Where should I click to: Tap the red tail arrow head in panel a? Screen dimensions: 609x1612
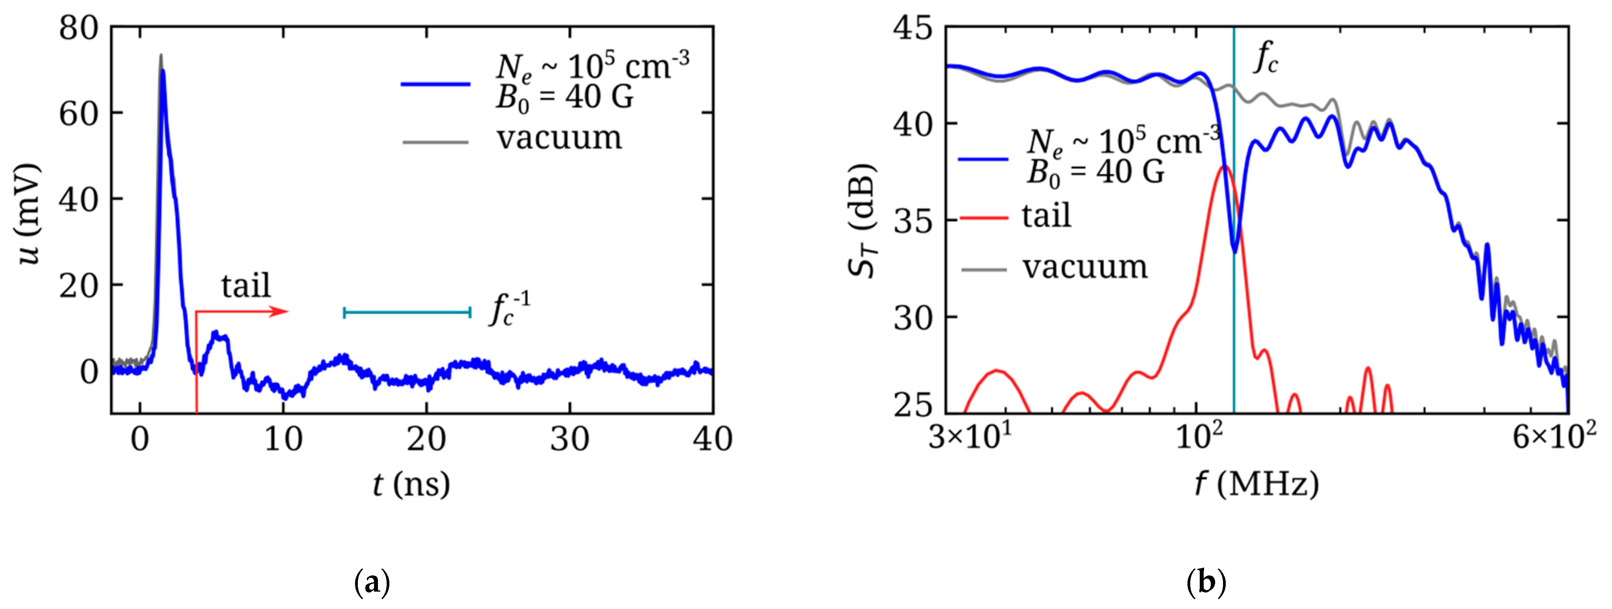pyautogui.click(x=281, y=311)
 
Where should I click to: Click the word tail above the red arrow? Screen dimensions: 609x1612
pyautogui.click(x=246, y=286)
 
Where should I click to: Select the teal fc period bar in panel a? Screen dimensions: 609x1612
pyautogui.click(x=407, y=312)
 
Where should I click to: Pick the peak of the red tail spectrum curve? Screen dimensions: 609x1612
pyautogui.click(x=1225, y=166)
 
